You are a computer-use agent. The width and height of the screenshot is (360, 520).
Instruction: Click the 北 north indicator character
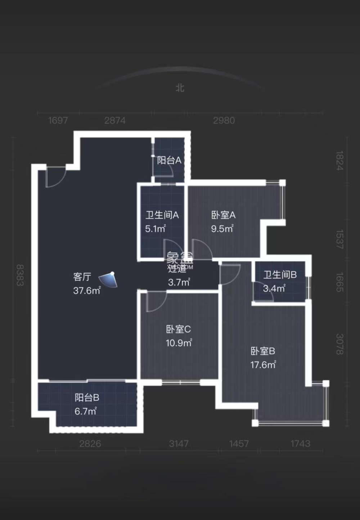click(180, 88)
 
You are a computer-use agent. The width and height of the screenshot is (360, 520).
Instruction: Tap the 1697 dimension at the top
click(58, 120)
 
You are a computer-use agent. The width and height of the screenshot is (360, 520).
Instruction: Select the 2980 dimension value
click(224, 120)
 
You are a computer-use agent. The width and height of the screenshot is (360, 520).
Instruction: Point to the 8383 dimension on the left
click(20, 275)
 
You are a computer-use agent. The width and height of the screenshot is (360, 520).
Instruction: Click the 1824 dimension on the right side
click(339, 160)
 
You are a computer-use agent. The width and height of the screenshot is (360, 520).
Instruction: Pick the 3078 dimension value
click(339, 344)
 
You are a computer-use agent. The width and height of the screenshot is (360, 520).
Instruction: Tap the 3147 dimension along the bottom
click(179, 444)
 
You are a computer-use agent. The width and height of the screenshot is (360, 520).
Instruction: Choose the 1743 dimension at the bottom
click(300, 444)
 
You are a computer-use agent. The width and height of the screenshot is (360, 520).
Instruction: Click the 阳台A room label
click(169, 160)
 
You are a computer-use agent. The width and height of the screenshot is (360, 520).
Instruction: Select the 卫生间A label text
click(162, 215)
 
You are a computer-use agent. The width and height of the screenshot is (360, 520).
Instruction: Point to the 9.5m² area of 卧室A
click(222, 229)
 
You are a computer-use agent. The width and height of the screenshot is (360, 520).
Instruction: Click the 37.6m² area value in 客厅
click(87, 291)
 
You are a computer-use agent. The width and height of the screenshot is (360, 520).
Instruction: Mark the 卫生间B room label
click(280, 275)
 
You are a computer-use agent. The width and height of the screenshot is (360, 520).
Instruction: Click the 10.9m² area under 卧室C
click(179, 343)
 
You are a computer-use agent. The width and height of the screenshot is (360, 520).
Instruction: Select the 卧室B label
click(263, 351)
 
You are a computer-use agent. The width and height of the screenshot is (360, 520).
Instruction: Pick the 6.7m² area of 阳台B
click(86, 411)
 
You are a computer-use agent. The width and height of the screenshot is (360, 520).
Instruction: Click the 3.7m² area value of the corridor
click(179, 282)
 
